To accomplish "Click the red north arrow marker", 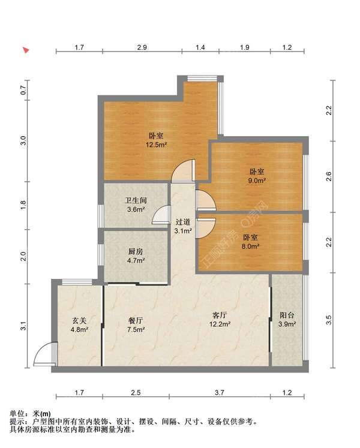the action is click(x=26, y=50).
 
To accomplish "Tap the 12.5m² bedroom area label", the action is click(x=156, y=145).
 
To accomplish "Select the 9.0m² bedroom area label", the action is click(x=257, y=181).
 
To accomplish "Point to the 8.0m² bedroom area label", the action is click(x=250, y=246).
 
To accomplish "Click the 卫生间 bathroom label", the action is click(x=136, y=200).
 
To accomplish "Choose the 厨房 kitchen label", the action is click(x=136, y=252).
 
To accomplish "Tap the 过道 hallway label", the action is click(x=183, y=222).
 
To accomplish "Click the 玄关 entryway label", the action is click(x=79, y=321).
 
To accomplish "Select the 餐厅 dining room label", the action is click(x=136, y=321).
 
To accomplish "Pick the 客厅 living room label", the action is click(x=220, y=315).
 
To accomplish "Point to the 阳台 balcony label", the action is click(x=287, y=315).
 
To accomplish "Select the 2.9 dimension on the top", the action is click(x=142, y=47).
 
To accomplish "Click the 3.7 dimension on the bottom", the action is click(x=220, y=393).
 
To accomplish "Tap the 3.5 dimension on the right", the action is click(x=329, y=320).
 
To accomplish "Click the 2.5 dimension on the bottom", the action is click(x=136, y=393).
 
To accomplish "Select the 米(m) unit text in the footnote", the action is click(x=42, y=413).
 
